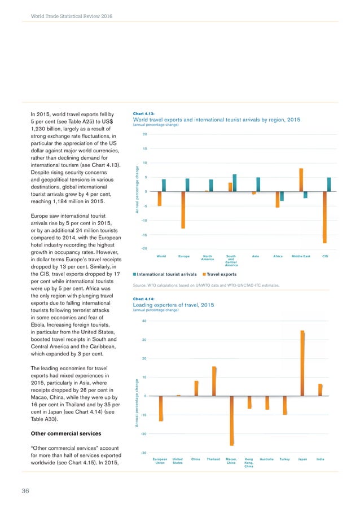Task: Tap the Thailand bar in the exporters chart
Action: [x=214, y=381]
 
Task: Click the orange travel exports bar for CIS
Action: [x=325, y=217]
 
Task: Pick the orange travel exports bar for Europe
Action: [x=183, y=210]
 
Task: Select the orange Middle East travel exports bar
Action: [x=301, y=180]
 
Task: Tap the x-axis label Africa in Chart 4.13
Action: [x=278, y=256]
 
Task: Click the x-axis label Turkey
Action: [x=284, y=459]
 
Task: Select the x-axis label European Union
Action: [x=160, y=461]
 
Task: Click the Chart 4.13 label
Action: [x=143, y=113]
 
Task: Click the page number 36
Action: [x=25, y=490]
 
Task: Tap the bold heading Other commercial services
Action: [x=58, y=433]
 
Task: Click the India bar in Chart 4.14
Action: [x=320, y=389]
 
